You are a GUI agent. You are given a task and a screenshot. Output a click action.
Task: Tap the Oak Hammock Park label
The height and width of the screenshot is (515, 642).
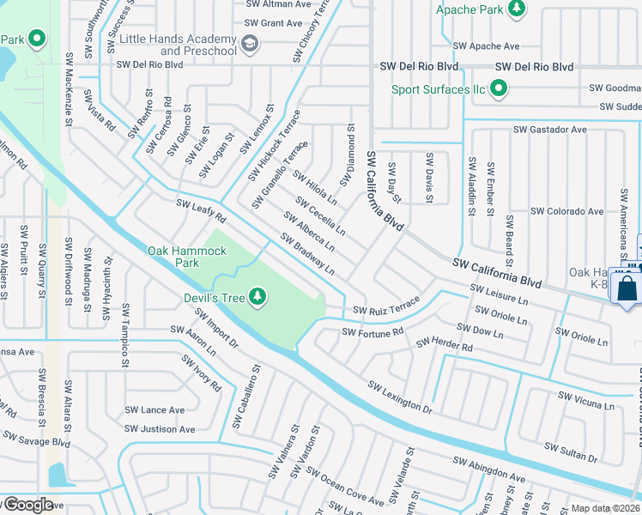[187, 257]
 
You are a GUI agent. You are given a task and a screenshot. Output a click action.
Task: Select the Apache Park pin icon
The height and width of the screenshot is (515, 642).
[517, 9]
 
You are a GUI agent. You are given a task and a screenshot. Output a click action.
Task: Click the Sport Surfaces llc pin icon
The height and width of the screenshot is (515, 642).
[497, 89]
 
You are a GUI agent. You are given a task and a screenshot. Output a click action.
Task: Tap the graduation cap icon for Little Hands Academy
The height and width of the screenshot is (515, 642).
[250, 45]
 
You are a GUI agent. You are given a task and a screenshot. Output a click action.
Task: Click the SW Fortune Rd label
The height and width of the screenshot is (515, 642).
[372, 332]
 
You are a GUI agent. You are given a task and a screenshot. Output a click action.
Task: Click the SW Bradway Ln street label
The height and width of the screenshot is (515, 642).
[307, 254]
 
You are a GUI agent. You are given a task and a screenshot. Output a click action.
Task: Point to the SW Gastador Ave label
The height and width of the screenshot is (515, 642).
[549, 130]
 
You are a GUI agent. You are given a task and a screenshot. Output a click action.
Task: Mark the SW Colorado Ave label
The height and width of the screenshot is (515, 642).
[566, 211]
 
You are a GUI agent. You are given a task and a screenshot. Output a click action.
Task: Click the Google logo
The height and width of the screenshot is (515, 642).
[27, 505]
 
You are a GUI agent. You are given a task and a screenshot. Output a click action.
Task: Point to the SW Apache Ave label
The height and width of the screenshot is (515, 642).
[486, 45]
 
